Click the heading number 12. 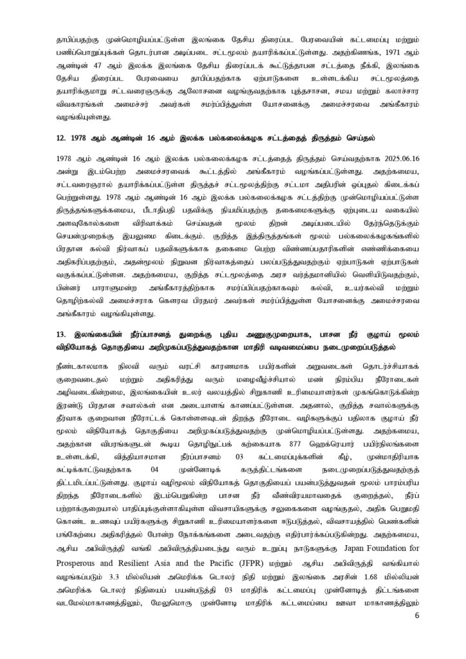pos(62,138)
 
